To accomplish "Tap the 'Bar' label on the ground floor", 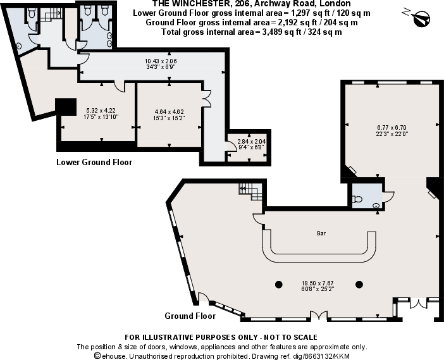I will point(321,233).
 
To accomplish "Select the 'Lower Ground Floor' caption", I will point(94,162).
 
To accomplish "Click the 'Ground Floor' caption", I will point(190,316).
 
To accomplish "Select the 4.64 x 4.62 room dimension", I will point(170,114).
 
